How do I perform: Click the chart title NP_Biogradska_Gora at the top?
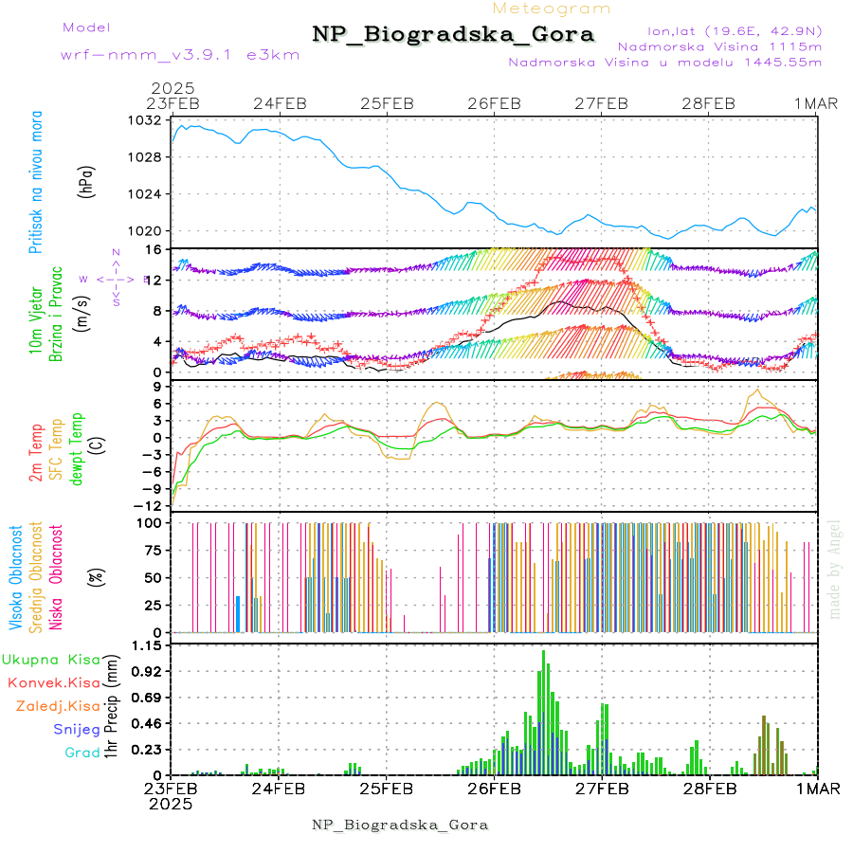tap(453, 35)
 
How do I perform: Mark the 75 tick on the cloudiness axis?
tap(152, 550)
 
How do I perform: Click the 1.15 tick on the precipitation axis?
tap(147, 645)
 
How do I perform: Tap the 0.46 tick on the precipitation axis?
tap(147, 723)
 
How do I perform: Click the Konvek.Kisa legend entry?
tap(53, 682)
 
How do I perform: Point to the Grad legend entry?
tap(82, 753)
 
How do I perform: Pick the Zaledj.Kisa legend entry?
tap(58, 706)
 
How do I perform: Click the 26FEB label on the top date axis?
tap(495, 103)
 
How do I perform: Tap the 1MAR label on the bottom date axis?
tap(818, 789)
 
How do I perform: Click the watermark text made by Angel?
tap(834, 569)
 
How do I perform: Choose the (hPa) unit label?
tap(87, 180)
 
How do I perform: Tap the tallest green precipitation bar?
tap(543, 711)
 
